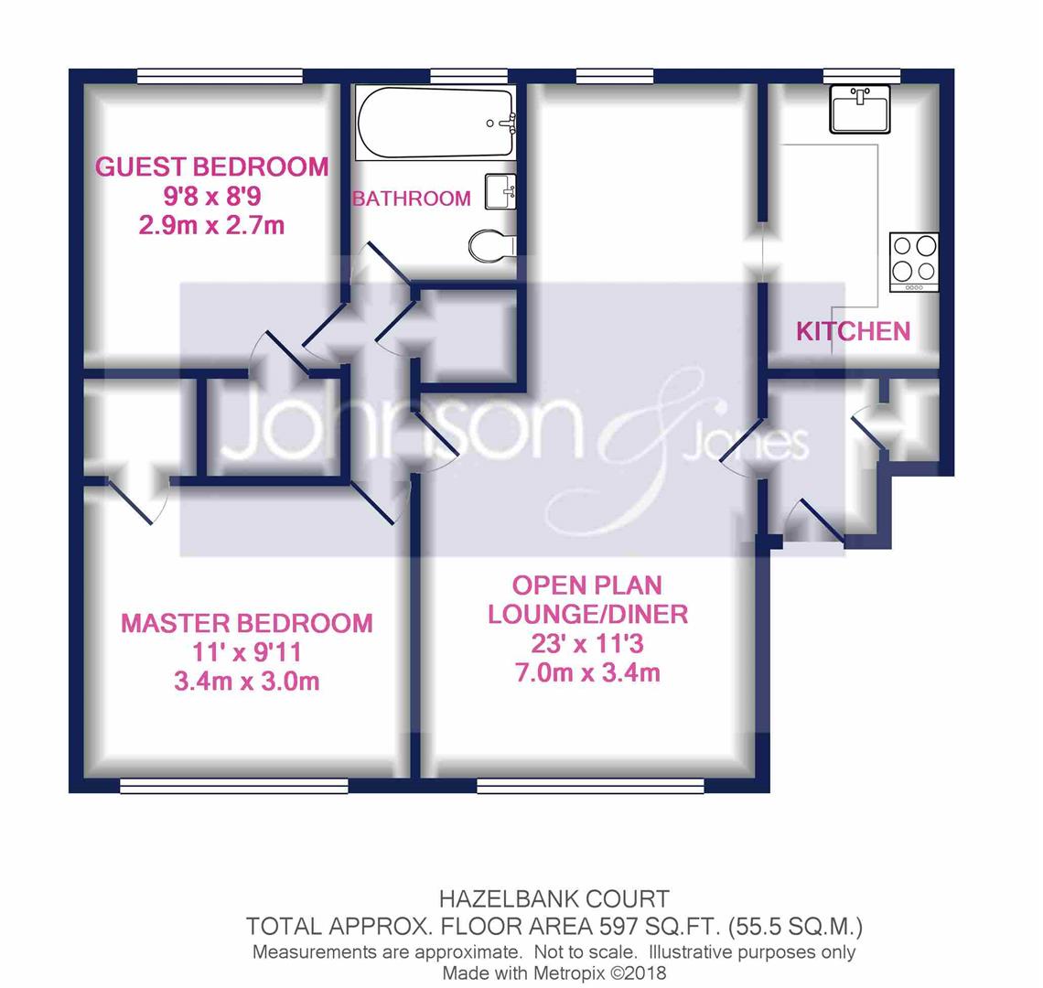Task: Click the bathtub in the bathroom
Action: tap(435, 123)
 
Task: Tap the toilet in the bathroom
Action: tap(492, 246)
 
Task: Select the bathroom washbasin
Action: tap(500, 191)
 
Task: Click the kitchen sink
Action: tap(860, 109)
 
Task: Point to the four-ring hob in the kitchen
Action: tap(914, 263)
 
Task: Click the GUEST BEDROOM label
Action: tap(212, 167)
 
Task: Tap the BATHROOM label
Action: tap(411, 199)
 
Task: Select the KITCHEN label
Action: tap(854, 331)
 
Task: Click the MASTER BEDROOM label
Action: tap(247, 623)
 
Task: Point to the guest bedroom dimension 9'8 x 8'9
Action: tap(212, 197)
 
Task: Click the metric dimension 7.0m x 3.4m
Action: tap(587, 672)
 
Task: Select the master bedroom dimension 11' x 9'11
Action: tap(247, 652)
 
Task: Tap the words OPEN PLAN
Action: tap(587, 585)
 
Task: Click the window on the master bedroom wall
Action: tap(234, 787)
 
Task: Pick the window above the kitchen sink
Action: tap(862, 76)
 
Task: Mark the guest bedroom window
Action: tap(220, 76)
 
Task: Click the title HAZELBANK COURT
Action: tap(554, 899)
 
